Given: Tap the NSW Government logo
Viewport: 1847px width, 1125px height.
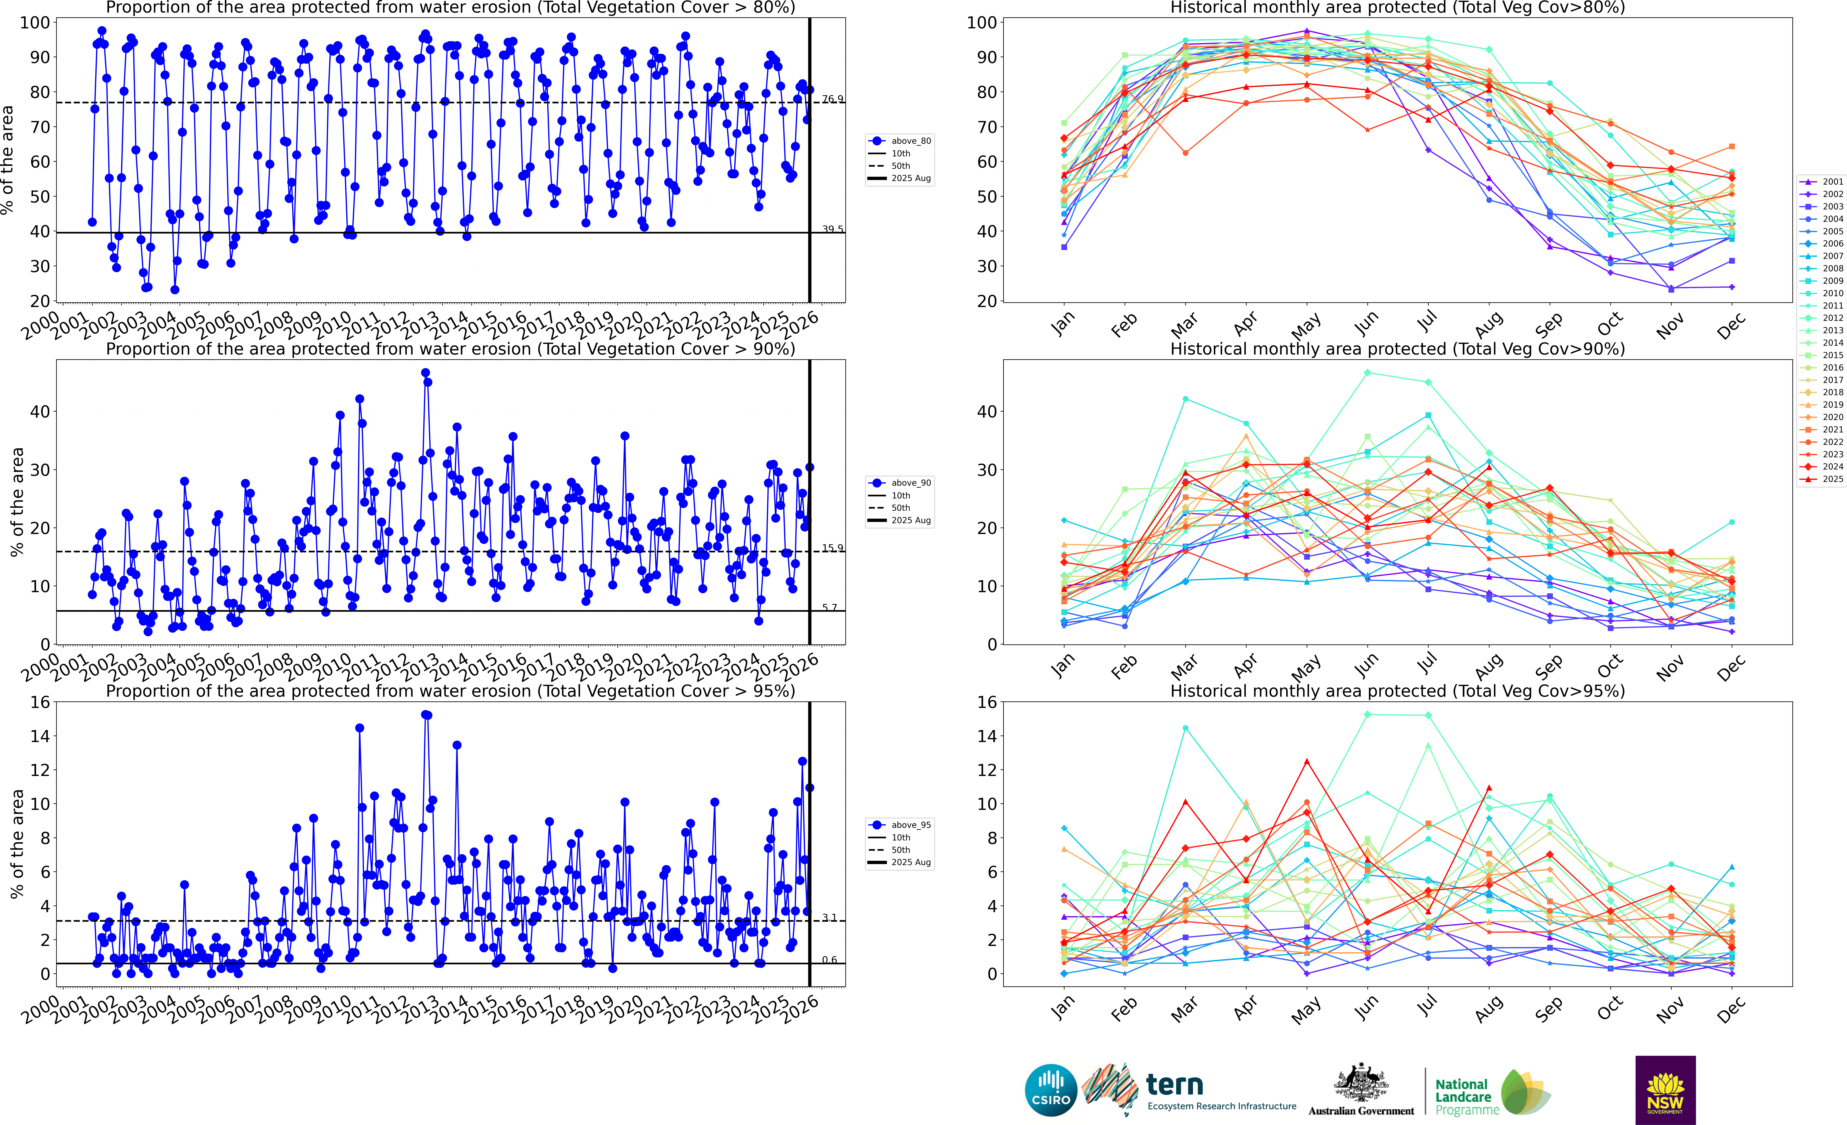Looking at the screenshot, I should (x=1665, y=1090).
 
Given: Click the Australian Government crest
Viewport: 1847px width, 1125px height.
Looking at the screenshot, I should (x=1360, y=1084).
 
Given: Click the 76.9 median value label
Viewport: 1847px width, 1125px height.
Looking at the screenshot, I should (x=832, y=99).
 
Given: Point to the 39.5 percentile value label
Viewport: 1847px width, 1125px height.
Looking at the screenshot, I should (x=832, y=229).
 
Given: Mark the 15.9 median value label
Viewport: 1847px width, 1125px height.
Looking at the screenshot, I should (x=832, y=547).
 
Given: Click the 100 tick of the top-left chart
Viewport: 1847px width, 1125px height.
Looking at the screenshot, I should (x=35, y=22).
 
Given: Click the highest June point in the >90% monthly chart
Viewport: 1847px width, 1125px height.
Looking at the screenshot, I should (x=1367, y=373).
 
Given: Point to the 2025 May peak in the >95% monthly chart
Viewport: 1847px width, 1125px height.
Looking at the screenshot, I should (x=1306, y=762).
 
